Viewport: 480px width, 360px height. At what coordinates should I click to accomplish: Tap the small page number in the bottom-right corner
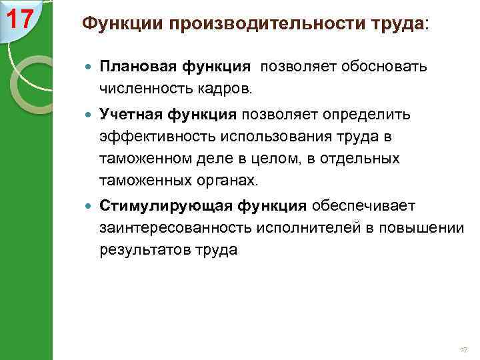point(464,349)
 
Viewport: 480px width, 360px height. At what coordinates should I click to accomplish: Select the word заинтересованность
point(172,228)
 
